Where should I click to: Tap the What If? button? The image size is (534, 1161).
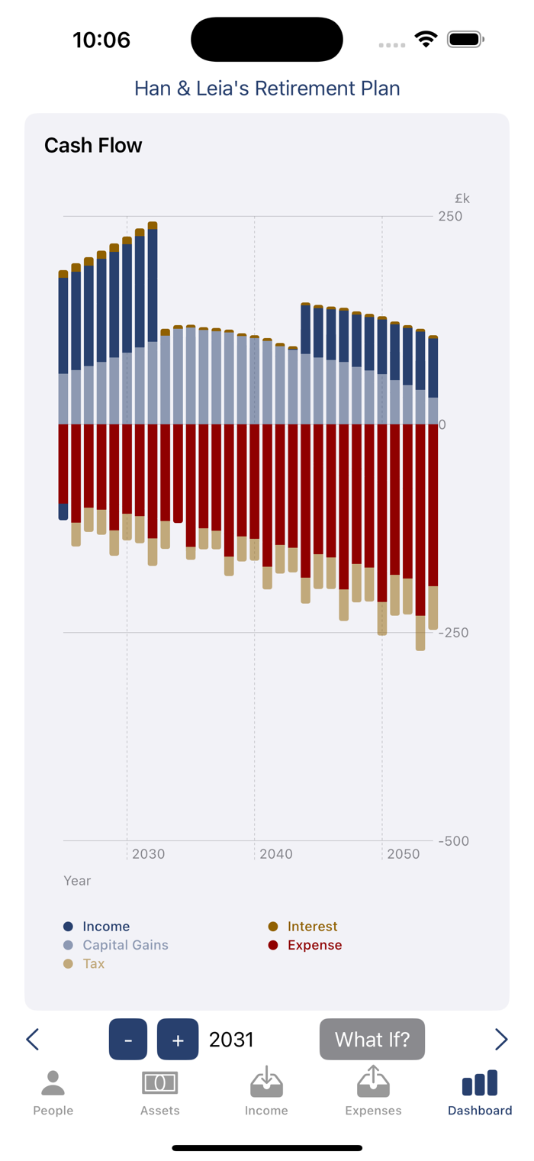pos(373,1039)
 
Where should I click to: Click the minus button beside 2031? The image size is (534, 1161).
pos(128,1039)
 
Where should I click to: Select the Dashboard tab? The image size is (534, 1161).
pos(480,1093)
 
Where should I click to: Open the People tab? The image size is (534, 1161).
pos(53,1093)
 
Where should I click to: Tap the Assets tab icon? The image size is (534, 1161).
pos(159,1083)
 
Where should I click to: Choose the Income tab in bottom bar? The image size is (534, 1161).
pos(266,1093)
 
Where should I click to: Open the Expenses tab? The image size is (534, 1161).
pos(373,1093)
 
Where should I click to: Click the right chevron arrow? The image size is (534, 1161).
pos(501,1039)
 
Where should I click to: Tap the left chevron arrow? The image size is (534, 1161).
pos(33,1039)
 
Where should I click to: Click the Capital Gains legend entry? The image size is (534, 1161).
pos(125,945)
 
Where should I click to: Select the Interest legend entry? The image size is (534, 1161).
pos(312,927)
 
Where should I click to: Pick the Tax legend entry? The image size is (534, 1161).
pos(93,963)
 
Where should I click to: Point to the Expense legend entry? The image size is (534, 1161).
pos(314,945)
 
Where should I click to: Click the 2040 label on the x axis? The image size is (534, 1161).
pos(275,854)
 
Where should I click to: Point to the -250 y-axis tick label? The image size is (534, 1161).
pos(454,633)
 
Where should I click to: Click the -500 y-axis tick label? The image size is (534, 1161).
pos(454,841)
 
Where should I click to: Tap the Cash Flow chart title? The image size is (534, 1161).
pos(93,146)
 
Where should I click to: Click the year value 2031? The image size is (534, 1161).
pos(231,1040)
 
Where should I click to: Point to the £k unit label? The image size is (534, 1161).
pos(462,199)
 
